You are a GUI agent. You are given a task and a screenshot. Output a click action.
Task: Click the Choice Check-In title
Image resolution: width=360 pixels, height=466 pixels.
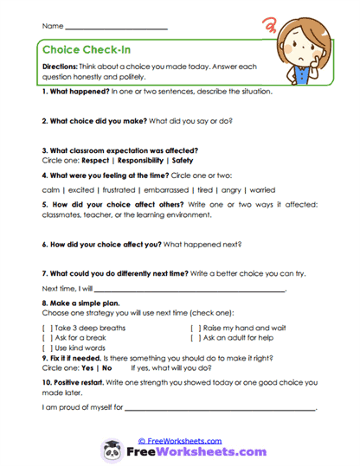point(90,50)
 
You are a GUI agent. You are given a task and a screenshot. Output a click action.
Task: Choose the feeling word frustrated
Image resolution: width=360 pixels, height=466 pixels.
point(111,189)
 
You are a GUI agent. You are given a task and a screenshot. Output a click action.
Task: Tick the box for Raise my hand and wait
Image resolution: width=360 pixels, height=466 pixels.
point(196,329)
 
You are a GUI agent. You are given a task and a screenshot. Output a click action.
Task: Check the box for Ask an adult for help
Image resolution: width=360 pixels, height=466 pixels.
point(196,338)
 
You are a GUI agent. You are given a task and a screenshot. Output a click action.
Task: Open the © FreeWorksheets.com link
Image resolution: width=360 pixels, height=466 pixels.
point(180,439)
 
